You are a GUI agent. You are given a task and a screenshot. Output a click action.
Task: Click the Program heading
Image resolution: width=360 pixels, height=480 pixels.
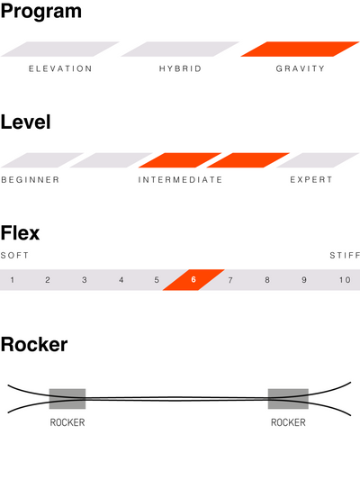tap(41, 12)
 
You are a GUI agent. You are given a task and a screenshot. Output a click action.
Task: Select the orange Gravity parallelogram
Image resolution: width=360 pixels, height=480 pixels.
tap(300, 49)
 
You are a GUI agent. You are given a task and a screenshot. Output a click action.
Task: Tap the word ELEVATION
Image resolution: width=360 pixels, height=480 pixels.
tap(60, 68)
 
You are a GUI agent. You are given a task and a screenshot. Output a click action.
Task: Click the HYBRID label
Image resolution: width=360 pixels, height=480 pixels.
tap(180, 68)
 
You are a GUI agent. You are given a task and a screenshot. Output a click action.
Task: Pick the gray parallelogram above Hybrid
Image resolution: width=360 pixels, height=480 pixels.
tap(180, 49)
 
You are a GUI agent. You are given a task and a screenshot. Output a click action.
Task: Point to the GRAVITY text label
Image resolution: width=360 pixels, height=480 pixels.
tap(300, 68)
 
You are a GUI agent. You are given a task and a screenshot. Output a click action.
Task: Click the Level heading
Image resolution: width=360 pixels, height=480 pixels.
tap(26, 122)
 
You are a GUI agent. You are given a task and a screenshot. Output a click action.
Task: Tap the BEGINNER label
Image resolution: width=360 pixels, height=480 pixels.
tap(31, 180)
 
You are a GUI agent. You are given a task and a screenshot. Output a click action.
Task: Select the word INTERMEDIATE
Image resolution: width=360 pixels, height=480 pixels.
tap(180, 180)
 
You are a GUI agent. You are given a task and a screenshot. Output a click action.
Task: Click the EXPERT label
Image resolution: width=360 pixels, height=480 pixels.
tap(311, 180)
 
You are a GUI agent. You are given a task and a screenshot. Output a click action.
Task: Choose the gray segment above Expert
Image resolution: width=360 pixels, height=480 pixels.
tap(318, 160)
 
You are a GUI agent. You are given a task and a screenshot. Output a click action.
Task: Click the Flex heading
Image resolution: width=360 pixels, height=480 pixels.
tap(20, 233)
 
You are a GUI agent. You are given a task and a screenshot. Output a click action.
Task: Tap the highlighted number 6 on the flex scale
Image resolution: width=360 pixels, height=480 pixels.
tap(193, 279)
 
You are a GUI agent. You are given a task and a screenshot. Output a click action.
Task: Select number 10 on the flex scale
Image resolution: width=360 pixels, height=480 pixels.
tap(345, 280)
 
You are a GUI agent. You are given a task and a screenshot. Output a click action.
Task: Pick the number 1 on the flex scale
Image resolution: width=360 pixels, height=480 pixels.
tap(13, 280)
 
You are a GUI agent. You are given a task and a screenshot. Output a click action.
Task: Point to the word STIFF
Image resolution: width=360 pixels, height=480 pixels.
tap(345, 255)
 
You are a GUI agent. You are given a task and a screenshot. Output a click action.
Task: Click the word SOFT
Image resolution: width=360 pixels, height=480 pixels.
tap(14, 255)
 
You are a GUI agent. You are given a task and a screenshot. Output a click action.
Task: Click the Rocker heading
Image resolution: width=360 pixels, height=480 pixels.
tap(34, 345)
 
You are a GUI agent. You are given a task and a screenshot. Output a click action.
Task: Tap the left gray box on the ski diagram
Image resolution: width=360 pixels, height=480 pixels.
tap(67, 399)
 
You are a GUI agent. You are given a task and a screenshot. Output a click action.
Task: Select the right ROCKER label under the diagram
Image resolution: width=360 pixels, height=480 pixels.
tap(288, 422)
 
